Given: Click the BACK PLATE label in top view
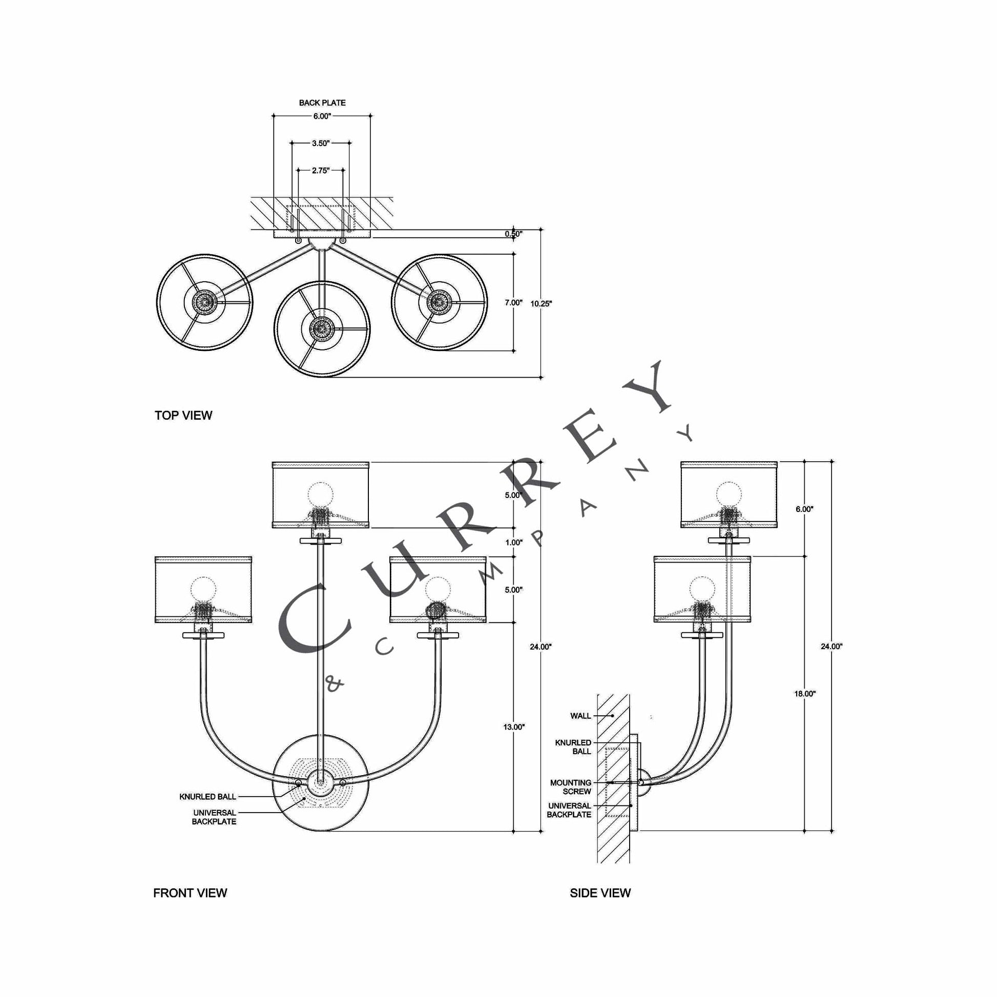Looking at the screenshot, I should [322, 102].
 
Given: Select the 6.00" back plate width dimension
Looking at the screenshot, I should [322, 116].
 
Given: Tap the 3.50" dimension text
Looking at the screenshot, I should [321, 143].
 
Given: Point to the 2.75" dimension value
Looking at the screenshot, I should [321, 170].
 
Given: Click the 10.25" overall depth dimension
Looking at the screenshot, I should [541, 303].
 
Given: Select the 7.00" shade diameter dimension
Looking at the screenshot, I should [513, 302].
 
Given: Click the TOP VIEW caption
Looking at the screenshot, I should [183, 416].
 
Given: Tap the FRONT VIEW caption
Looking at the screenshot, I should [190, 893].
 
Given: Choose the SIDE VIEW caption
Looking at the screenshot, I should [599, 893].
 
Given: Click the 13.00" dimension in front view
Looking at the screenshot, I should [513, 727].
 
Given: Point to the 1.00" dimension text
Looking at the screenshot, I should [513, 543].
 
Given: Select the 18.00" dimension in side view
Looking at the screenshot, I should [804, 694].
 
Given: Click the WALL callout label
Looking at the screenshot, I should [580, 716].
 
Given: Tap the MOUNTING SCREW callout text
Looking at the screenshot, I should [570, 787].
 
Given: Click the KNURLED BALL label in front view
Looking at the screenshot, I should [207, 797].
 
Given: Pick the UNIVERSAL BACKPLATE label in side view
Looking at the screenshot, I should [569, 809].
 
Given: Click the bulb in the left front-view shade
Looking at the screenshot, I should [203, 590].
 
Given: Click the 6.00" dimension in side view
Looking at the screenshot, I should [804, 509].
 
